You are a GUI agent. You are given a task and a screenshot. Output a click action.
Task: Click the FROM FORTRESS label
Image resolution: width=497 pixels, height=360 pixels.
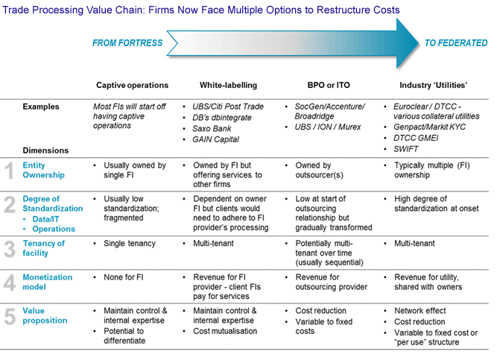[127, 43]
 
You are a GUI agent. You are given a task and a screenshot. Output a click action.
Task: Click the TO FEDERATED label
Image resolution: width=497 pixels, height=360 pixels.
[455, 43]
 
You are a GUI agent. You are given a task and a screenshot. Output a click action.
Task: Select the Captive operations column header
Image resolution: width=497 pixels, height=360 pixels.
[132, 85]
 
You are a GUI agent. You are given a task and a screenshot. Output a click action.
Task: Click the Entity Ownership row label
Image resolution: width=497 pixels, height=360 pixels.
[43, 171]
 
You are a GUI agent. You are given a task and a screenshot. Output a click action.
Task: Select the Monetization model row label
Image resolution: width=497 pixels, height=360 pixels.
[48, 282]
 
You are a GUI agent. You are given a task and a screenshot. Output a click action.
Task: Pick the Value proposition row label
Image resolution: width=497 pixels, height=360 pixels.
[45, 316]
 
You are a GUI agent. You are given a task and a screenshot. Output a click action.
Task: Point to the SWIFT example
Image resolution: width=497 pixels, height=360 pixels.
[407, 150]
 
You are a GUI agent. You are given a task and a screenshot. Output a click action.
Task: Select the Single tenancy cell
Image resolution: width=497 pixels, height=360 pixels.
[129, 244]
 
